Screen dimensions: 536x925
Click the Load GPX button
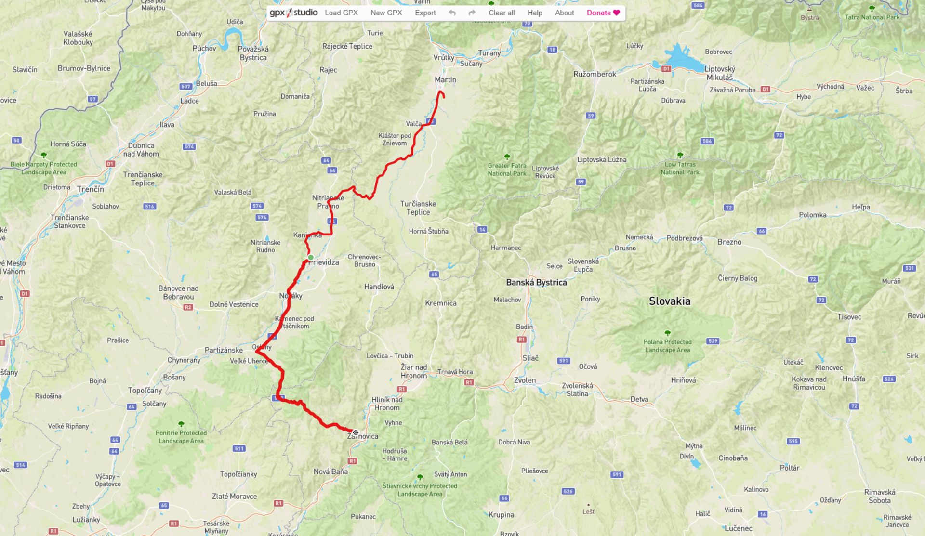pos(341,13)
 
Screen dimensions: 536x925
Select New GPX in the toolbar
pos(386,13)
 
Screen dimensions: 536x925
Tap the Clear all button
pos(502,13)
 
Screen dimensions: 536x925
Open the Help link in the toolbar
pos(535,13)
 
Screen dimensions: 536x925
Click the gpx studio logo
pos(293,13)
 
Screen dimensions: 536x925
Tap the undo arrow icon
pos(452,13)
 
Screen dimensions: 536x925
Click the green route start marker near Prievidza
pos(311,257)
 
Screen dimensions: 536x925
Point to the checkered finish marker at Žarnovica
pos(356,432)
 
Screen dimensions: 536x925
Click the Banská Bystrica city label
pos(536,283)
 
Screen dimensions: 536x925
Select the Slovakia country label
pos(669,301)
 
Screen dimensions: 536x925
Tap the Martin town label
pos(445,80)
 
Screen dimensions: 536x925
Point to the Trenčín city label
pos(91,189)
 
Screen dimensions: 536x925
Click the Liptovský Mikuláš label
pos(719,73)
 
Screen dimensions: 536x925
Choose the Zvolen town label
pos(525,380)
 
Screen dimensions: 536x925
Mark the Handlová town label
pos(379,287)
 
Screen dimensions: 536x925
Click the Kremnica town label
pos(440,303)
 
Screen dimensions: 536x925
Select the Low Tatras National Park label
pos(680,168)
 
